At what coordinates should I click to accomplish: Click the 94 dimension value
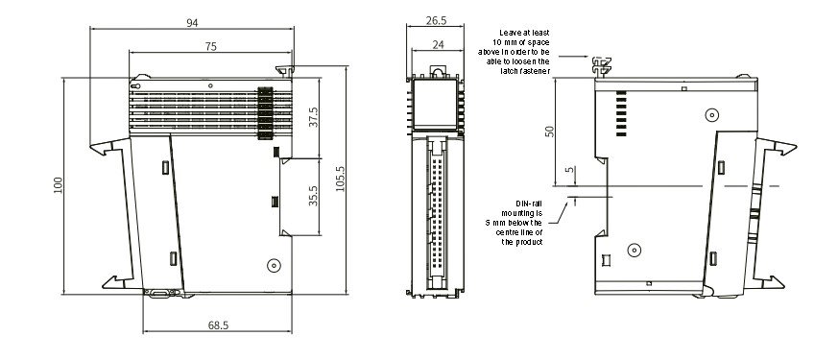(192, 23)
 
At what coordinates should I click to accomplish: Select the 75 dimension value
(211, 47)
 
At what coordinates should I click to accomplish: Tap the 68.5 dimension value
(218, 325)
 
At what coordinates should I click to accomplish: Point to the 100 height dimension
(59, 185)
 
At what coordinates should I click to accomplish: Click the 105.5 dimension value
(340, 179)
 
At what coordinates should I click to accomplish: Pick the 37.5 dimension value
(313, 117)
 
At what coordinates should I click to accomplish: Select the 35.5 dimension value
(313, 196)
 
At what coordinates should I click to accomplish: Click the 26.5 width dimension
(436, 21)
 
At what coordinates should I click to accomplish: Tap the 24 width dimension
(438, 45)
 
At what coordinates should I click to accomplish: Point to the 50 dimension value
(549, 132)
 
